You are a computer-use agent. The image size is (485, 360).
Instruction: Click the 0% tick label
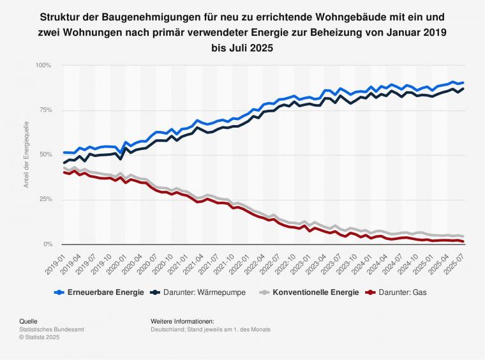[46, 244]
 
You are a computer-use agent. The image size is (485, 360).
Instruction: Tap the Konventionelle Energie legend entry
[307, 294]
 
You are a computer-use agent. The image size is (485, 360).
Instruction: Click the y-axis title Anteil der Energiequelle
[26, 154]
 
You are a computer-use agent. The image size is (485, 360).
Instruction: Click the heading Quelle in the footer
[28, 321]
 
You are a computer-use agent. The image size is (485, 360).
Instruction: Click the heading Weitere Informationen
[182, 321]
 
